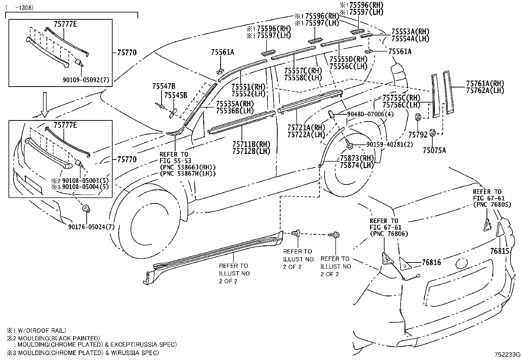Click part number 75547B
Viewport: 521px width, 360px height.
pos(164,86)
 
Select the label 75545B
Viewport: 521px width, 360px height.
pos(176,95)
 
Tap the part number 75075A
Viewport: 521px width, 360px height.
pos(434,150)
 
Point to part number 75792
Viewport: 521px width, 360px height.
pos(418,135)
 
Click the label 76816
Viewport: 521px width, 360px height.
pos(431,262)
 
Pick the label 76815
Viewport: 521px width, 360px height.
pos(500,251)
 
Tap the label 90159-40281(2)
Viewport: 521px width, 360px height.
pos(385,144)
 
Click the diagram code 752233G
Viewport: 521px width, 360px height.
pos(507,355)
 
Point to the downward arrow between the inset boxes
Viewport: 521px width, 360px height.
pos(45,104)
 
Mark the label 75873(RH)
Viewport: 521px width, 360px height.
pos(357,159)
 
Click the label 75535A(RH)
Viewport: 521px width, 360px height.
pos(235,104)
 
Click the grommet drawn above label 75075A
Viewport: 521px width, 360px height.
pos(432,132)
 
